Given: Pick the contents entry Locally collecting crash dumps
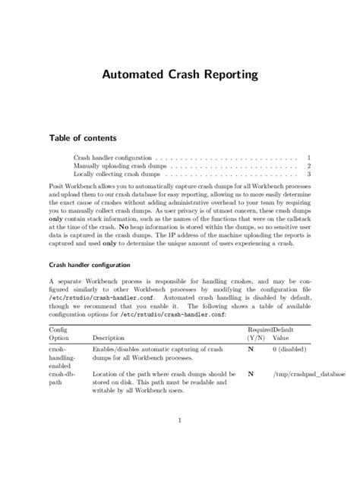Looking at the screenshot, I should [x=116, y=175].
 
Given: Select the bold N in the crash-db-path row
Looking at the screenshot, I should [x=251, y=375].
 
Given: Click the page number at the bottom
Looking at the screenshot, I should [x=179, y=419].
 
